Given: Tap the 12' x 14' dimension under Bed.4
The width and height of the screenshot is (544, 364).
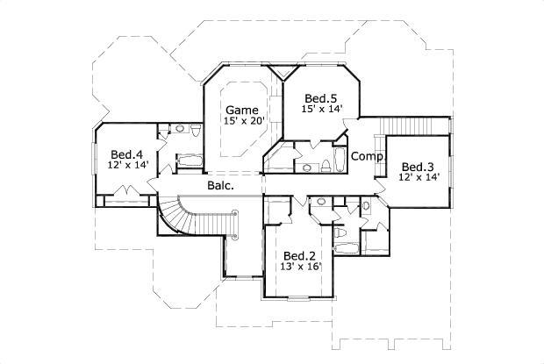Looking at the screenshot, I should (x=127, y=165).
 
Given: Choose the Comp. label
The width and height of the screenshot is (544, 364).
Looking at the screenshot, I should (x=365, y=156).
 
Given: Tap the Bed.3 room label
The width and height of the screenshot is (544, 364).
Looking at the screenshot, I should (x=419, y=167).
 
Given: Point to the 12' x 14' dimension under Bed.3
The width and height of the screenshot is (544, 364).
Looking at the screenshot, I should (x=419, y=178).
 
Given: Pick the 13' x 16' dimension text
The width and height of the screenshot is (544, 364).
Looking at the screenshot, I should (x=302, y=267).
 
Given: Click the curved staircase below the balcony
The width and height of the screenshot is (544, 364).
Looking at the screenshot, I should (x=180, y=215).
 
